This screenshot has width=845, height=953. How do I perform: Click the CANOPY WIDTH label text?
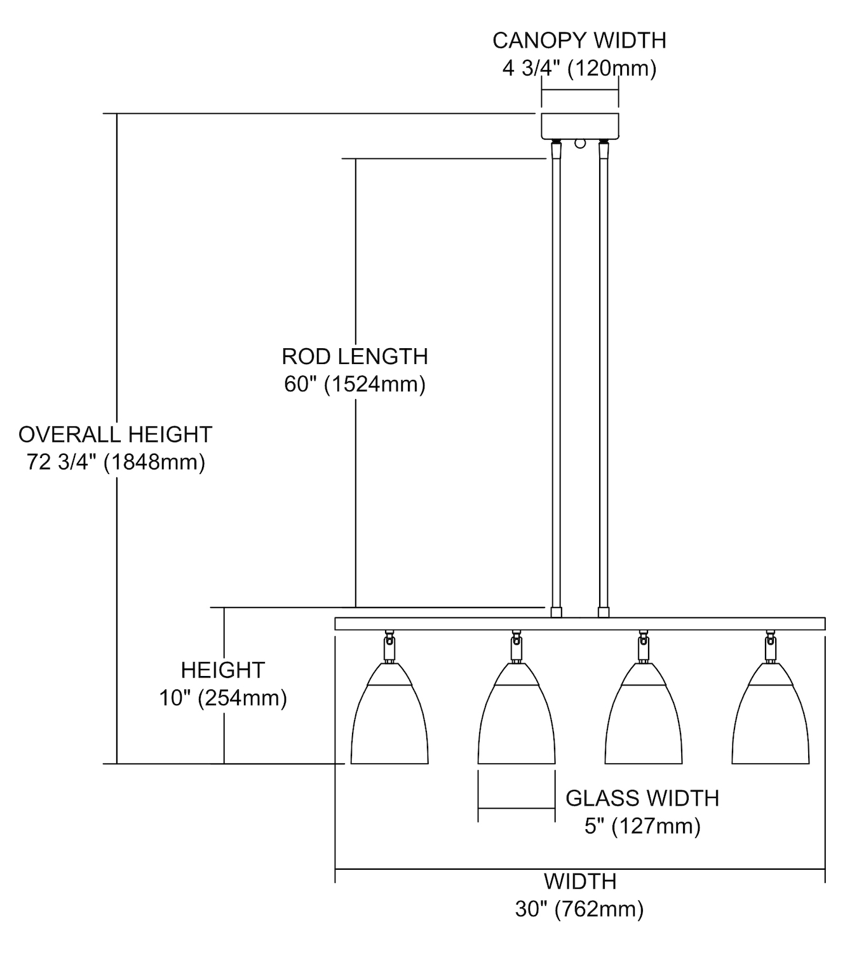(x=579, y=41)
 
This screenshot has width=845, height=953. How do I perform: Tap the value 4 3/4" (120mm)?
(x=579, y=69)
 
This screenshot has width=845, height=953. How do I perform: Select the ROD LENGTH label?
(x=355, y=356)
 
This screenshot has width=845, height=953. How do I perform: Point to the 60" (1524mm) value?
(x=355, y=384)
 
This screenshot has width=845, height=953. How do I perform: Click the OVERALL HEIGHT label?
(x=115, y=434)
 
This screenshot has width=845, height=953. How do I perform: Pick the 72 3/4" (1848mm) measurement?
(x=116, y=462)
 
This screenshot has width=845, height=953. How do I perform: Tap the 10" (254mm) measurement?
(x=223, y=698)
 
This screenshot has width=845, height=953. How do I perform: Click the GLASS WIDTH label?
(x=642, y=798)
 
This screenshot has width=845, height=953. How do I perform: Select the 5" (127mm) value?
(x=642, y=826)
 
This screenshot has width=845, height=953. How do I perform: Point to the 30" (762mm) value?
(x=579, y=909)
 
